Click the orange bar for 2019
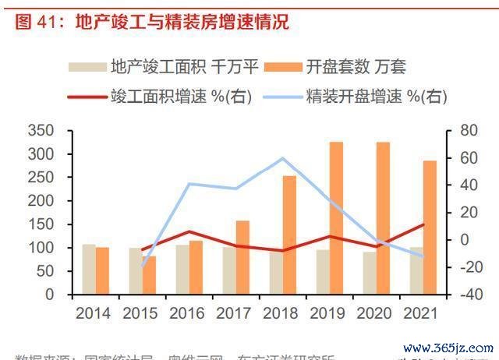pos(336,218)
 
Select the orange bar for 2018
pos(289,235)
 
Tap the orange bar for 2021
pos(430,228)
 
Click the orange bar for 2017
pos(242,257)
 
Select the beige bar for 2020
pos(369,273)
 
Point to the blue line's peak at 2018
pos(282,158)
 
